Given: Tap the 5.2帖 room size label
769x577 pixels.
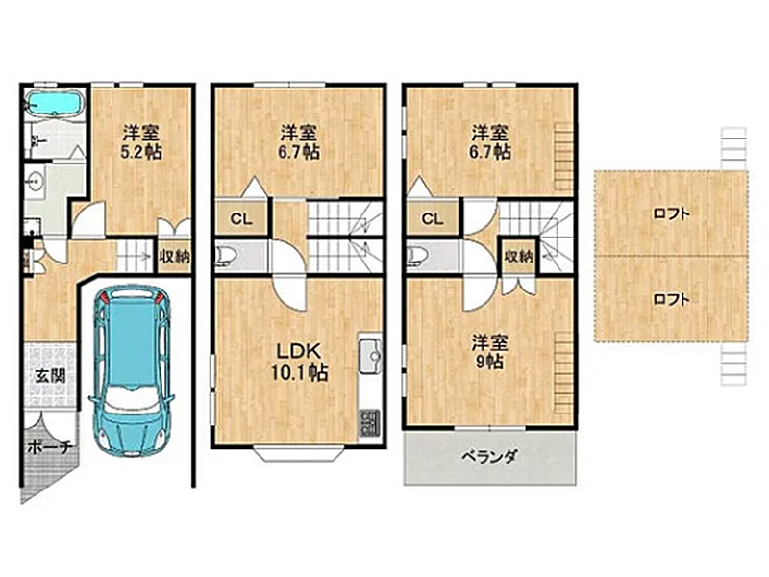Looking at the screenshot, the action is (x=141, y=152).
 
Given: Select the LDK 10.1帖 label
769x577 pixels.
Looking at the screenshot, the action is (x=299, y=363).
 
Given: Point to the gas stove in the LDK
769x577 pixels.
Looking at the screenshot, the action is (x=370, y=423).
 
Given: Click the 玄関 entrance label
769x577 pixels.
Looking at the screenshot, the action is (x=50, y=376).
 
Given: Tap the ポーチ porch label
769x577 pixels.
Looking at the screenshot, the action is (x=50, y=447).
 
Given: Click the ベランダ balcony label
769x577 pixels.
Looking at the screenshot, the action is (x=489, y=458).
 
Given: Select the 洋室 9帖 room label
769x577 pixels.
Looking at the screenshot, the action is (x=489, y=352).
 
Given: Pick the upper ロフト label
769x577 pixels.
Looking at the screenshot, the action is (x=671, y=213).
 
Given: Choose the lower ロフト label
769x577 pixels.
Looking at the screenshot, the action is (x=671, y=299).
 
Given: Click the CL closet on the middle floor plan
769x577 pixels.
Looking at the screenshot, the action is (x=241, y=219).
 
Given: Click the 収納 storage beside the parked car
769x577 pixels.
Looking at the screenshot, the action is (x=174, y=256).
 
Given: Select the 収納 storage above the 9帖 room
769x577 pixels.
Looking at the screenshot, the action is (x=518, y=256).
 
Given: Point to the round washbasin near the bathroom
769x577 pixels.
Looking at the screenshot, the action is (x=35, y=181).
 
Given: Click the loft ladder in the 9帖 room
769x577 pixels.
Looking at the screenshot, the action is (x=563, y=373).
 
